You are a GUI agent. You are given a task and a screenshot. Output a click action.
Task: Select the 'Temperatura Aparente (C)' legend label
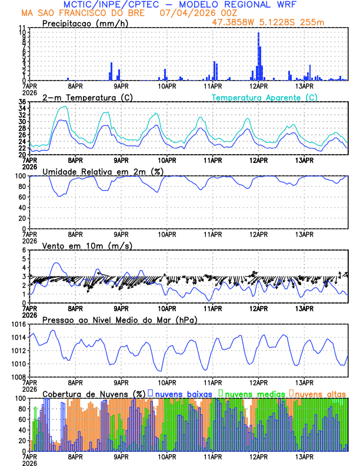(265, 97)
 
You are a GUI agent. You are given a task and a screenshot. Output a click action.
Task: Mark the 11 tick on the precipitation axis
(21, 28)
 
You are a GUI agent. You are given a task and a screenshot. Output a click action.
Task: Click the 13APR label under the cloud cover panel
(304, 456)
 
